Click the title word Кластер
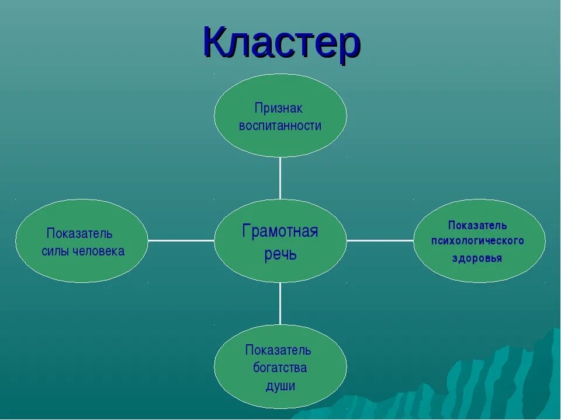coord(281,42)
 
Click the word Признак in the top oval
coord(279,108)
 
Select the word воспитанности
coord(280,126)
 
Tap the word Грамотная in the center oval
coord(280,231)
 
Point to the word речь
coord(280,254)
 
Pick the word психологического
coord(477,240)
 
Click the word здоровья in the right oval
coord(477,258)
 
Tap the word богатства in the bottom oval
coord(280,368)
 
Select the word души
coord(280,386)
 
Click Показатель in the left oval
coord(79,234)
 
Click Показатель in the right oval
coord(477,225)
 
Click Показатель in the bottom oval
coord(278,351)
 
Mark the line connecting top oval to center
coord(280,178)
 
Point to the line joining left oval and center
coord(181,240)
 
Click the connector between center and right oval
coord(380,240)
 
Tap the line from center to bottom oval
coord(280,303)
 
